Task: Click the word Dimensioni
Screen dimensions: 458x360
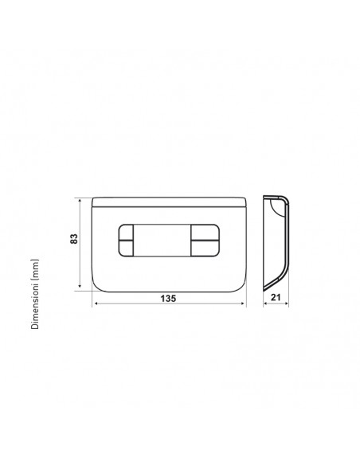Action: point(35,310)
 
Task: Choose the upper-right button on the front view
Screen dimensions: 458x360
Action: point(205,233)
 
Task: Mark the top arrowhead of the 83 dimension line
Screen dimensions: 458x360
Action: point(80,200)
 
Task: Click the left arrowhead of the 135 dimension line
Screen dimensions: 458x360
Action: point(96,303)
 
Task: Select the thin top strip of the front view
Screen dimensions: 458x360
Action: point(170,199)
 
